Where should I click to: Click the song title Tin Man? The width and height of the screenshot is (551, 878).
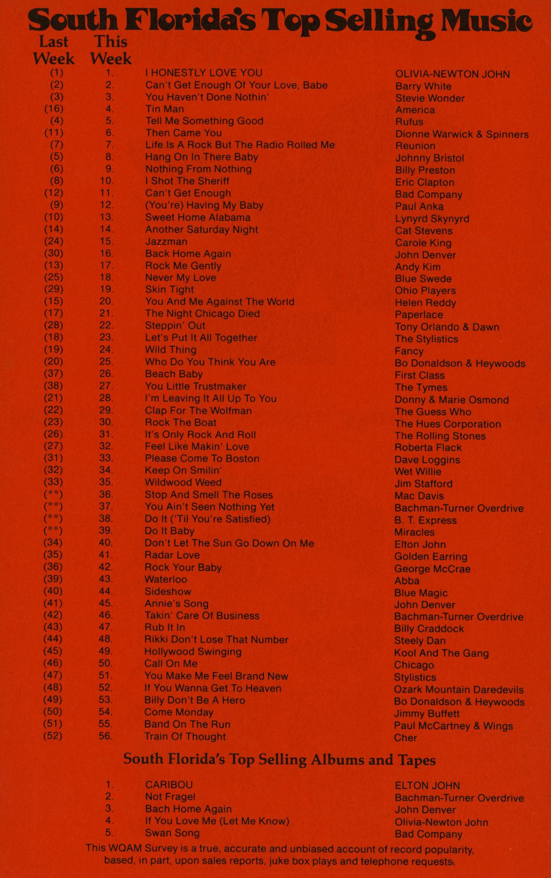coord(164,109)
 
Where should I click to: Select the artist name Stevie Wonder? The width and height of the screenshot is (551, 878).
coord(430,98)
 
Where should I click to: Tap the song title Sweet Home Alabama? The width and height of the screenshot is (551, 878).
coord(197,217)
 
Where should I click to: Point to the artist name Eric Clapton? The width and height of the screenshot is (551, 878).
coord(424,182)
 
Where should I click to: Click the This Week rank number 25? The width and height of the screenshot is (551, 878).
coord(106,362)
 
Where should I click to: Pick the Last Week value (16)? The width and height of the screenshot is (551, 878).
coord(54,109)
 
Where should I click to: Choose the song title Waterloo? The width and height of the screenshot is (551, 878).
coord(165,579)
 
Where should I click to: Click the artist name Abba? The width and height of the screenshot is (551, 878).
coord(407,580)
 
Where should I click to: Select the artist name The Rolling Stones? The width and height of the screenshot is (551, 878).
coord(440,436)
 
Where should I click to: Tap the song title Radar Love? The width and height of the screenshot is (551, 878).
coord(171,555)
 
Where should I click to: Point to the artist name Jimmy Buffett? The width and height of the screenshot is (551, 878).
coord(426,714)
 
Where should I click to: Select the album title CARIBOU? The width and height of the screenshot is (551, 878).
coord(168,785)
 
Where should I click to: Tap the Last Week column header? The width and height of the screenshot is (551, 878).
coord(54,50)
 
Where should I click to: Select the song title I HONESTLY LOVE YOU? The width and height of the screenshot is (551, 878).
coord(203,73)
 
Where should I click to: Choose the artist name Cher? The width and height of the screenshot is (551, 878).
coord(405,738)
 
